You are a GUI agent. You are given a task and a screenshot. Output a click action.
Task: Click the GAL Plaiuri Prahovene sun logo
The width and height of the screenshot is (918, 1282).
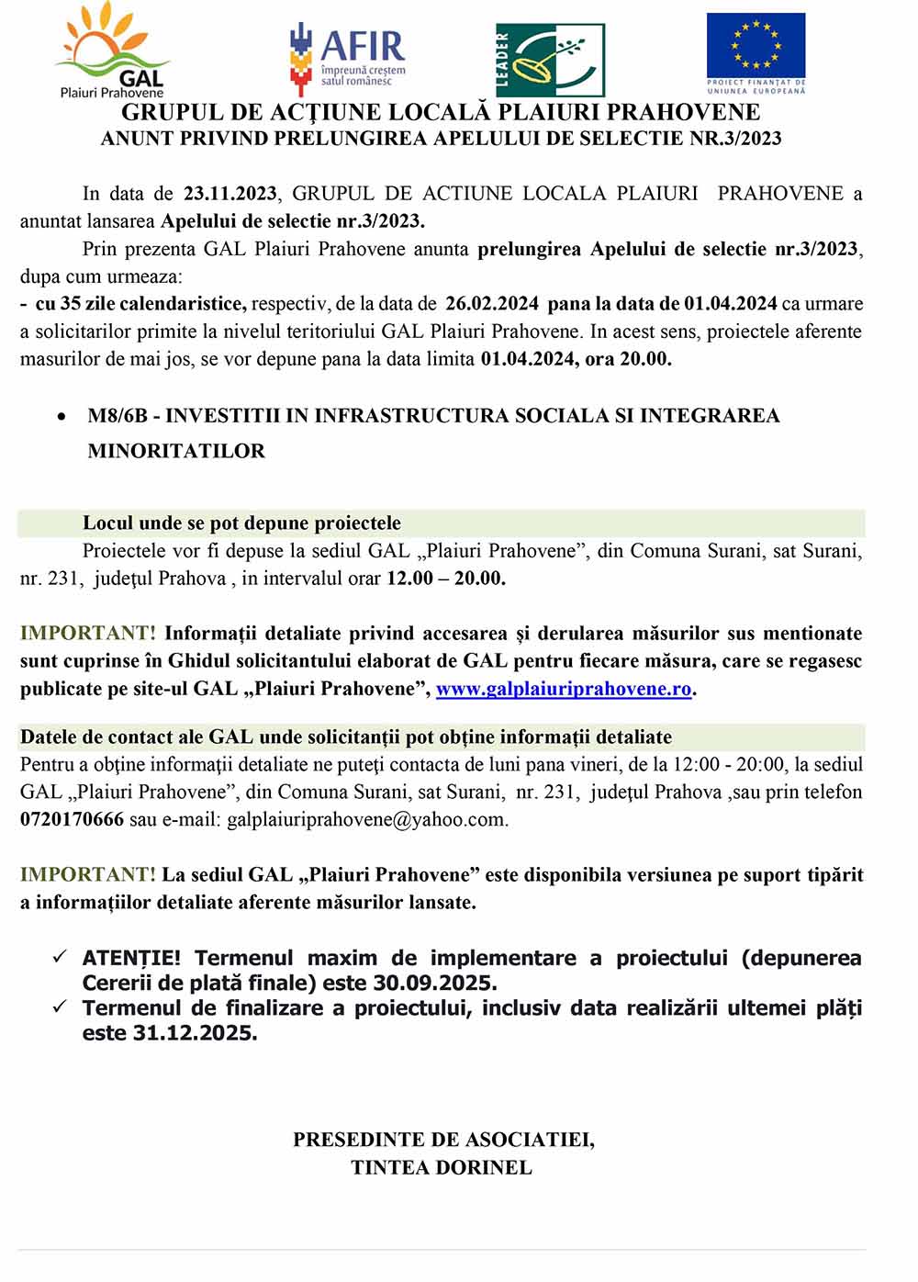(x=112, y=51)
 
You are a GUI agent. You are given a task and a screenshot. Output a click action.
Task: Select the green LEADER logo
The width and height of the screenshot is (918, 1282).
(x=550, y=60)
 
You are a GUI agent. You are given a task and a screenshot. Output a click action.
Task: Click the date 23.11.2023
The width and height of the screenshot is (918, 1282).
(x=229, y=194)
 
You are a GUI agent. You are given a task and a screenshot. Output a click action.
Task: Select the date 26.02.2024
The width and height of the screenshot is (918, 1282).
(x=492, y=304)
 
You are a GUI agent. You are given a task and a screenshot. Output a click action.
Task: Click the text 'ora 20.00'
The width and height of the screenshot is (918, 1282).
(x=628, y=359)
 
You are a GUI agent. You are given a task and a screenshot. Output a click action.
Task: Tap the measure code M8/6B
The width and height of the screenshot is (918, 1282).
(x=118, y=416)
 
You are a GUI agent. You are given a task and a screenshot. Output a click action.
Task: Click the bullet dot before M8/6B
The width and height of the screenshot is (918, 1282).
(x=62, y=417)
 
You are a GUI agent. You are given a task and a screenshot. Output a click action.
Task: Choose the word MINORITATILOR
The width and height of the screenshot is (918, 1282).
(x=176, y=451)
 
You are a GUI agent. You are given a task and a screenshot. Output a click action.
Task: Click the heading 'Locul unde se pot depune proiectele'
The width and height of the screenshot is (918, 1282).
(x=241, y=523)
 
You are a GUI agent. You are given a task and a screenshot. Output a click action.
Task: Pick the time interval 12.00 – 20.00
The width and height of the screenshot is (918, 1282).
(x=445, y=579)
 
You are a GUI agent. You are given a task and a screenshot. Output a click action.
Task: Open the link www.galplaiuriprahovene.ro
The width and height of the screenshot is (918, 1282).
(x=563, y=689)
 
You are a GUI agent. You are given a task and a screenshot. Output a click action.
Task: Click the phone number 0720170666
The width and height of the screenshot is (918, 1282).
(x=72, y=819)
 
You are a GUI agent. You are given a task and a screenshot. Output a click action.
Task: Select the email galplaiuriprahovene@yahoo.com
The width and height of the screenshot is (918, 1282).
(x=366, y=819)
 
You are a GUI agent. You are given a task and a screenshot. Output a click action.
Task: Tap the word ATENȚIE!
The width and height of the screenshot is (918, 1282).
(x=131, y=958)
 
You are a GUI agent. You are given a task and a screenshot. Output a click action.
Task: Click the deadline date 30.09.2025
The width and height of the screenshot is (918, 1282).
(x=434, y=983)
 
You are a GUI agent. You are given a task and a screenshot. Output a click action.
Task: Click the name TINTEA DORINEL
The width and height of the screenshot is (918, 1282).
(x=442, y=1167)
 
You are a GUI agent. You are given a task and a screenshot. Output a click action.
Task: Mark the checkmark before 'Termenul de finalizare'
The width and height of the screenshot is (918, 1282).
(x=60, y=1007)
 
